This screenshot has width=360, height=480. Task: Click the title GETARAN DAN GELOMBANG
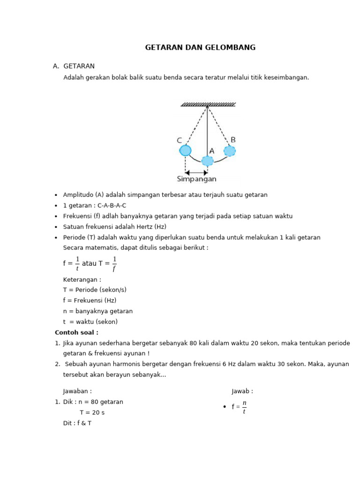[x=200, y=47]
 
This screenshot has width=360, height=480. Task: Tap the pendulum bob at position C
[x=185, y=150]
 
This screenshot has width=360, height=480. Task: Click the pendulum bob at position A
[x=207, y=161]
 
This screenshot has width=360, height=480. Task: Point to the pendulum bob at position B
[x=229, y=150]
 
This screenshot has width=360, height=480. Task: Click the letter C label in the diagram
[x=180, y=140]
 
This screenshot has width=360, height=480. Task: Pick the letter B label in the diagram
[x=233, y=140]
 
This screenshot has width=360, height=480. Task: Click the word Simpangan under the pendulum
[x=196, y=179]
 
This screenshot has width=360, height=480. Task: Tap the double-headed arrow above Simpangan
[x=196, y=172]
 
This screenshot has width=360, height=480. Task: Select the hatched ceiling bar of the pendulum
[x=208, y=105]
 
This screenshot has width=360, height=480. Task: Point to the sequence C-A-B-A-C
[x=112, y=205]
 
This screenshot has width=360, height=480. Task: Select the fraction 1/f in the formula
[x=114, y=263]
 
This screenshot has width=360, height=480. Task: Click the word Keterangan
[x=82, y=279]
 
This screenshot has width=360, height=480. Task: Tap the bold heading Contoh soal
[x=76, y=332]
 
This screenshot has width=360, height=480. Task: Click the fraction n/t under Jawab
[x=244, y=407]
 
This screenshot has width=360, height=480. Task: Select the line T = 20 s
[x=92, y=412]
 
